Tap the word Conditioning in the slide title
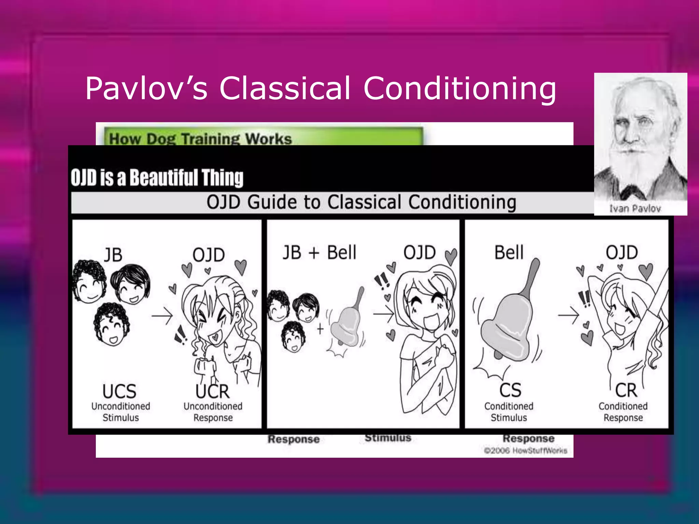[459, 89]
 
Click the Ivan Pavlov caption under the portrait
[635, 208]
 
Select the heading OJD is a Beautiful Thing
[157, 178]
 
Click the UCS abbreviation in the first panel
[119, 391]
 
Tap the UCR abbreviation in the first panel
[212, 391]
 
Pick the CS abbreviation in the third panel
[510, 390]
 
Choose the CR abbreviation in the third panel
[626, 390]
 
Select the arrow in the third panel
[568, 315]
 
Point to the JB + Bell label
[319, 253]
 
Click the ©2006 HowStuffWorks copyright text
[526, 451]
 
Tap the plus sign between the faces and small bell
[320, 329]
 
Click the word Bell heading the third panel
[509, 253]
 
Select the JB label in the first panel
[113, 255]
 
